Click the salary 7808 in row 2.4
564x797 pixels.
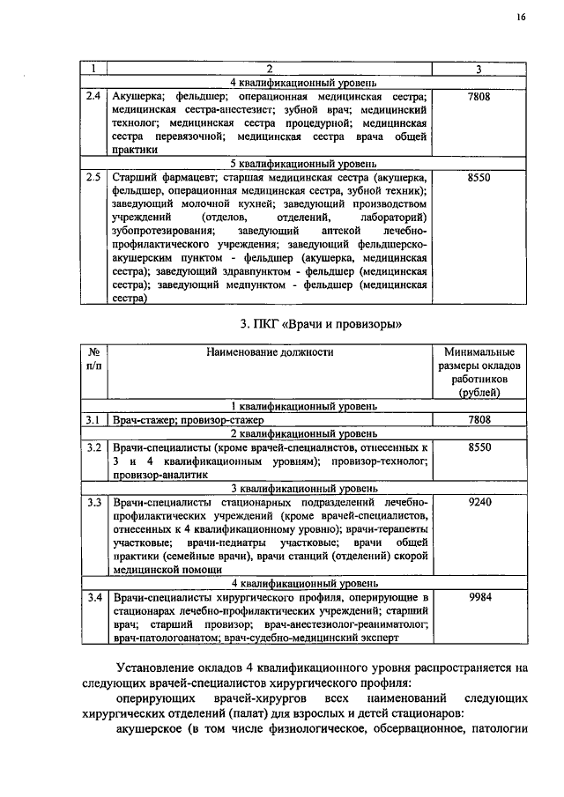click(479, 96)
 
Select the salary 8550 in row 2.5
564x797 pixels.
click(479, 177)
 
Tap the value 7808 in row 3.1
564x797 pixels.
click(479, 420)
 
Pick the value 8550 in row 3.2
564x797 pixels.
click(479, 447)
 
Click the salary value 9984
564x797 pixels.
click(479, 597)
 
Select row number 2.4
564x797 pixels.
click(93, 96)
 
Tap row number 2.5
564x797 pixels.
click(93, 177)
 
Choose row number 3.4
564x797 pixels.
click(93, 597)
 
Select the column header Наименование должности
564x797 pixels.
click(270, 352)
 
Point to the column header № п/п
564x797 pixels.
click(93, 358)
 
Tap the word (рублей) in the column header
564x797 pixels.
click(479, 394)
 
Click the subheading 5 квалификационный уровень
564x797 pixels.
click(270, 163)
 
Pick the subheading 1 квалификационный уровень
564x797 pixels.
click(270, 407)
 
